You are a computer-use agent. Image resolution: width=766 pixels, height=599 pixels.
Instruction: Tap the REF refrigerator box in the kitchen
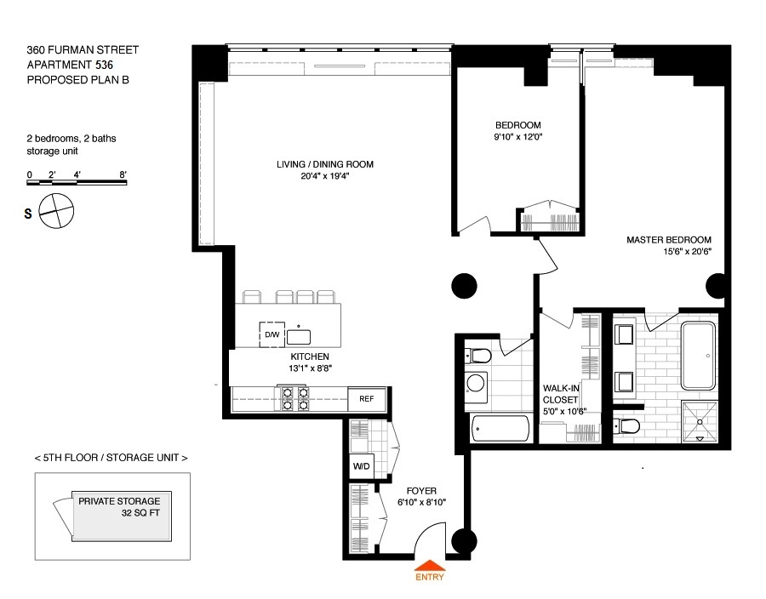coord(366,399)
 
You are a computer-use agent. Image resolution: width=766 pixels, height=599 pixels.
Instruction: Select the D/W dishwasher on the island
coord(272,334)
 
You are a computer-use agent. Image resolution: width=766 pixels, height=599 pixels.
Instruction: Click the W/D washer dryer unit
coord(362,466)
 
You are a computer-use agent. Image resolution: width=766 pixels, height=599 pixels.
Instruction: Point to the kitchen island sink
coord(299,337)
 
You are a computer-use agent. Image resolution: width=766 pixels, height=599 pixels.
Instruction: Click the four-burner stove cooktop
coord(295,399)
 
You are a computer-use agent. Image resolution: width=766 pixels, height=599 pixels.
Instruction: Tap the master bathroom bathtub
coord(698,355)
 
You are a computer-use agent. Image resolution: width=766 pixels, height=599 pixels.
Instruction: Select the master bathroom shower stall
coord(700,422)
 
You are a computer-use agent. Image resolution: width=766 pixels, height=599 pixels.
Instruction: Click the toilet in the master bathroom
coord(626,426)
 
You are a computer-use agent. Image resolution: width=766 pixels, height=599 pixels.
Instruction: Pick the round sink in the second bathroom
coord(475,384)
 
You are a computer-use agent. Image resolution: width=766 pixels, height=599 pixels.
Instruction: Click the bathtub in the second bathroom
coord(500,429)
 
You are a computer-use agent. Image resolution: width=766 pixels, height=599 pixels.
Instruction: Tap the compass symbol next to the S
coord(56,211)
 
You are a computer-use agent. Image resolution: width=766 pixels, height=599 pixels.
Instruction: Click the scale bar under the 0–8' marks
coord(77,183)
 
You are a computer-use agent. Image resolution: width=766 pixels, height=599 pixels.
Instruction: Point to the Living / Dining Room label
coord(325,164)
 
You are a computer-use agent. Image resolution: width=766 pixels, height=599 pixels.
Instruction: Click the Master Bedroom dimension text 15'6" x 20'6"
coord(687,252)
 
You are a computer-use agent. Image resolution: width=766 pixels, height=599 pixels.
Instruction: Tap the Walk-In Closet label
coord(561,394)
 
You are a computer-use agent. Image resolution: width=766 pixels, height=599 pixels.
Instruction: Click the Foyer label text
coord(421,491)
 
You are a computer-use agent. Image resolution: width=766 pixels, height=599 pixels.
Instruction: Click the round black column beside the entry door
coord(464,541)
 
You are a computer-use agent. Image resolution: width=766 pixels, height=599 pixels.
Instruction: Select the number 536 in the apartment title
coord(104,65)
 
